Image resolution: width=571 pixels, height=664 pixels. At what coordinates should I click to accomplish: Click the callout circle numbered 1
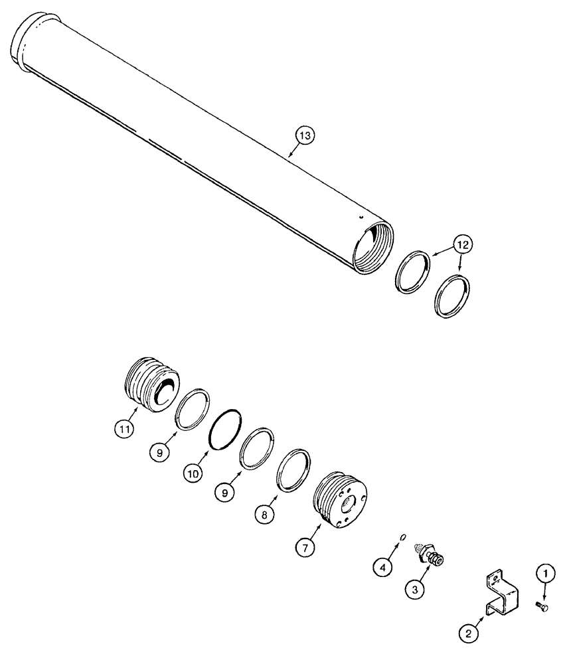tap(543, 572)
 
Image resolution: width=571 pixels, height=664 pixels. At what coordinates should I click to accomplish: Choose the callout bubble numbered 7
tap(305, 548)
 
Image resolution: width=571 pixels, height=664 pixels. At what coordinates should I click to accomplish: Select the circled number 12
tap(463, 245)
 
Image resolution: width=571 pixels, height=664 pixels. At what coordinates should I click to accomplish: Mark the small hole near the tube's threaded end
tap(360, 216)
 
